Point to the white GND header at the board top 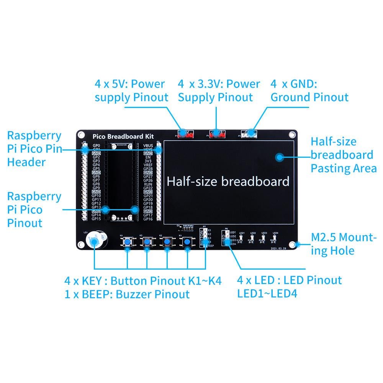[x=249, y=134]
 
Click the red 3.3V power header [x=217, y=134]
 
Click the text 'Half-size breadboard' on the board [x=228, y=181]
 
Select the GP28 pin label [x=148, y=169]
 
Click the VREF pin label [x=148, y=165]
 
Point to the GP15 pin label [x=96, y=219]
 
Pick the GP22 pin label [x=148, y=188]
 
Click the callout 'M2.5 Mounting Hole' [x=344, y=244]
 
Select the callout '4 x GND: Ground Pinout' [x=309, y=90]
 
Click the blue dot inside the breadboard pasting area [x=280, y=157]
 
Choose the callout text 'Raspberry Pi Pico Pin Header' [x=34, y=149]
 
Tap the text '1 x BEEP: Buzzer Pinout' [x=127, y=294]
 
